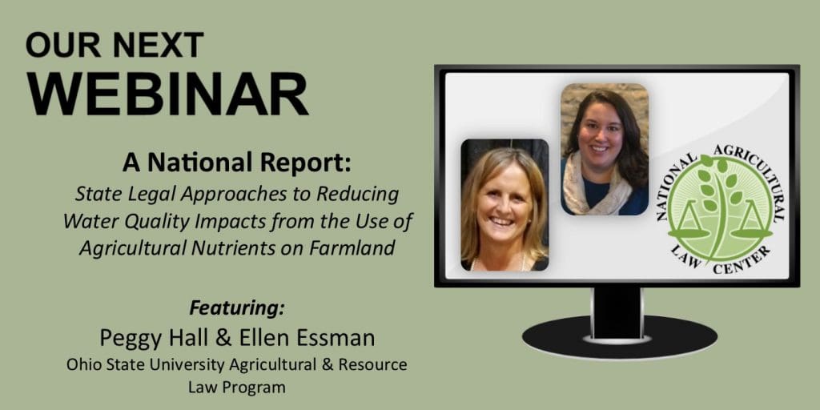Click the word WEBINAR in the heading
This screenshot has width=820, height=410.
click(x=167, y=94)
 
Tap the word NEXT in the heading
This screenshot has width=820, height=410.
click(x=158, y=45)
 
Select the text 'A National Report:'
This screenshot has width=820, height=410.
click(x=237, y=163)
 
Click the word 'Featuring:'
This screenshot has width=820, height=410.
click(x=237, y=308)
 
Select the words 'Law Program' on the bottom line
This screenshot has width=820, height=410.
click(x=237, y=388)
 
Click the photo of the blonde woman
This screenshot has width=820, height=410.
click(x=504, y=205)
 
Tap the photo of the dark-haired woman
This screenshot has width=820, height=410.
click(x=605, y=149)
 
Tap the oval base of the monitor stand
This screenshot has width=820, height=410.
click(x=620, y=337)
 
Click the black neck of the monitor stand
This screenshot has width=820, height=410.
click(x=617, y=313)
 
